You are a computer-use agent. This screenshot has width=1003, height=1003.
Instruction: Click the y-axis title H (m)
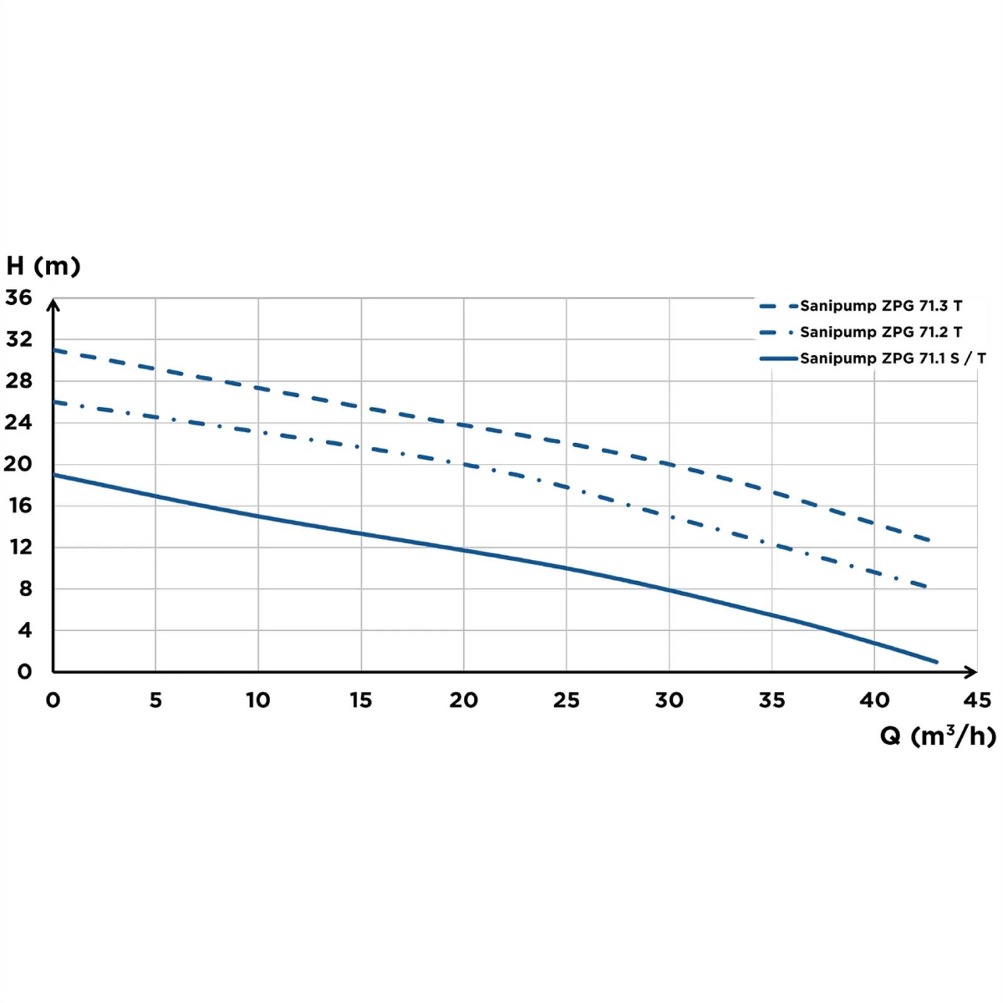coord(43,266)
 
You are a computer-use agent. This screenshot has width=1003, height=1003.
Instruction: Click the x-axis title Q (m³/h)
coord(937,735)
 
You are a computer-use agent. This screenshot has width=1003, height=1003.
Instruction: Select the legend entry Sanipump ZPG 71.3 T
coord(880,306)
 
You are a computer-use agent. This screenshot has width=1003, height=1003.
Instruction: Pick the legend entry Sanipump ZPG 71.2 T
coord(880,332)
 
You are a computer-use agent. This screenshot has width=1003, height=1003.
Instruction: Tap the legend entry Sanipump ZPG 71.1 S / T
coord(892,359)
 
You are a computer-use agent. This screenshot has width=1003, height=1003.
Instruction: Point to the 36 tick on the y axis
coord(18,298)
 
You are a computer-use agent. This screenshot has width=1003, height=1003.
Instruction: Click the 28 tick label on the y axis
coord(18,381)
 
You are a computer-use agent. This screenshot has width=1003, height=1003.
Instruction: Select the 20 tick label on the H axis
coord(18,464)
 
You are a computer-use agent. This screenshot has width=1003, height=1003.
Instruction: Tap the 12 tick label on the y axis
coord(20,547)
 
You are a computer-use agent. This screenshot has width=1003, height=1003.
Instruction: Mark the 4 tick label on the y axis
coord(24,630)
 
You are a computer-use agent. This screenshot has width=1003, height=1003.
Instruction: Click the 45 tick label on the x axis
coord(977,700)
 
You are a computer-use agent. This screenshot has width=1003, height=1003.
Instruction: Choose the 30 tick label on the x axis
coord(669,700)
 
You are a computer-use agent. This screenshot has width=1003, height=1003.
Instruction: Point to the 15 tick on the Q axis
coord(361,700)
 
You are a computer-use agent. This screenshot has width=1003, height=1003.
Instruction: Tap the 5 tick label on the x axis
coord(155,700)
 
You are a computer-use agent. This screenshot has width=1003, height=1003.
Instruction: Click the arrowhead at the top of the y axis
coord(54,305)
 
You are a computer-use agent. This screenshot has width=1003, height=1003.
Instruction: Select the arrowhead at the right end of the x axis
coord(971,671)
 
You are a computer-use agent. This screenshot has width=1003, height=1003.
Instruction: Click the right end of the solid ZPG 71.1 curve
coord(937,661)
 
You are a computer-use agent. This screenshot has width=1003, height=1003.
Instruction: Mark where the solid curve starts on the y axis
coord(54,475)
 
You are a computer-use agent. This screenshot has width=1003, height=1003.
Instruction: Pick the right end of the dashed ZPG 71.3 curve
coord(929,540)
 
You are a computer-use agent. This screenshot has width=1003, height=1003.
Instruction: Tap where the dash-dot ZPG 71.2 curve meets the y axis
coord(54,402)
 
